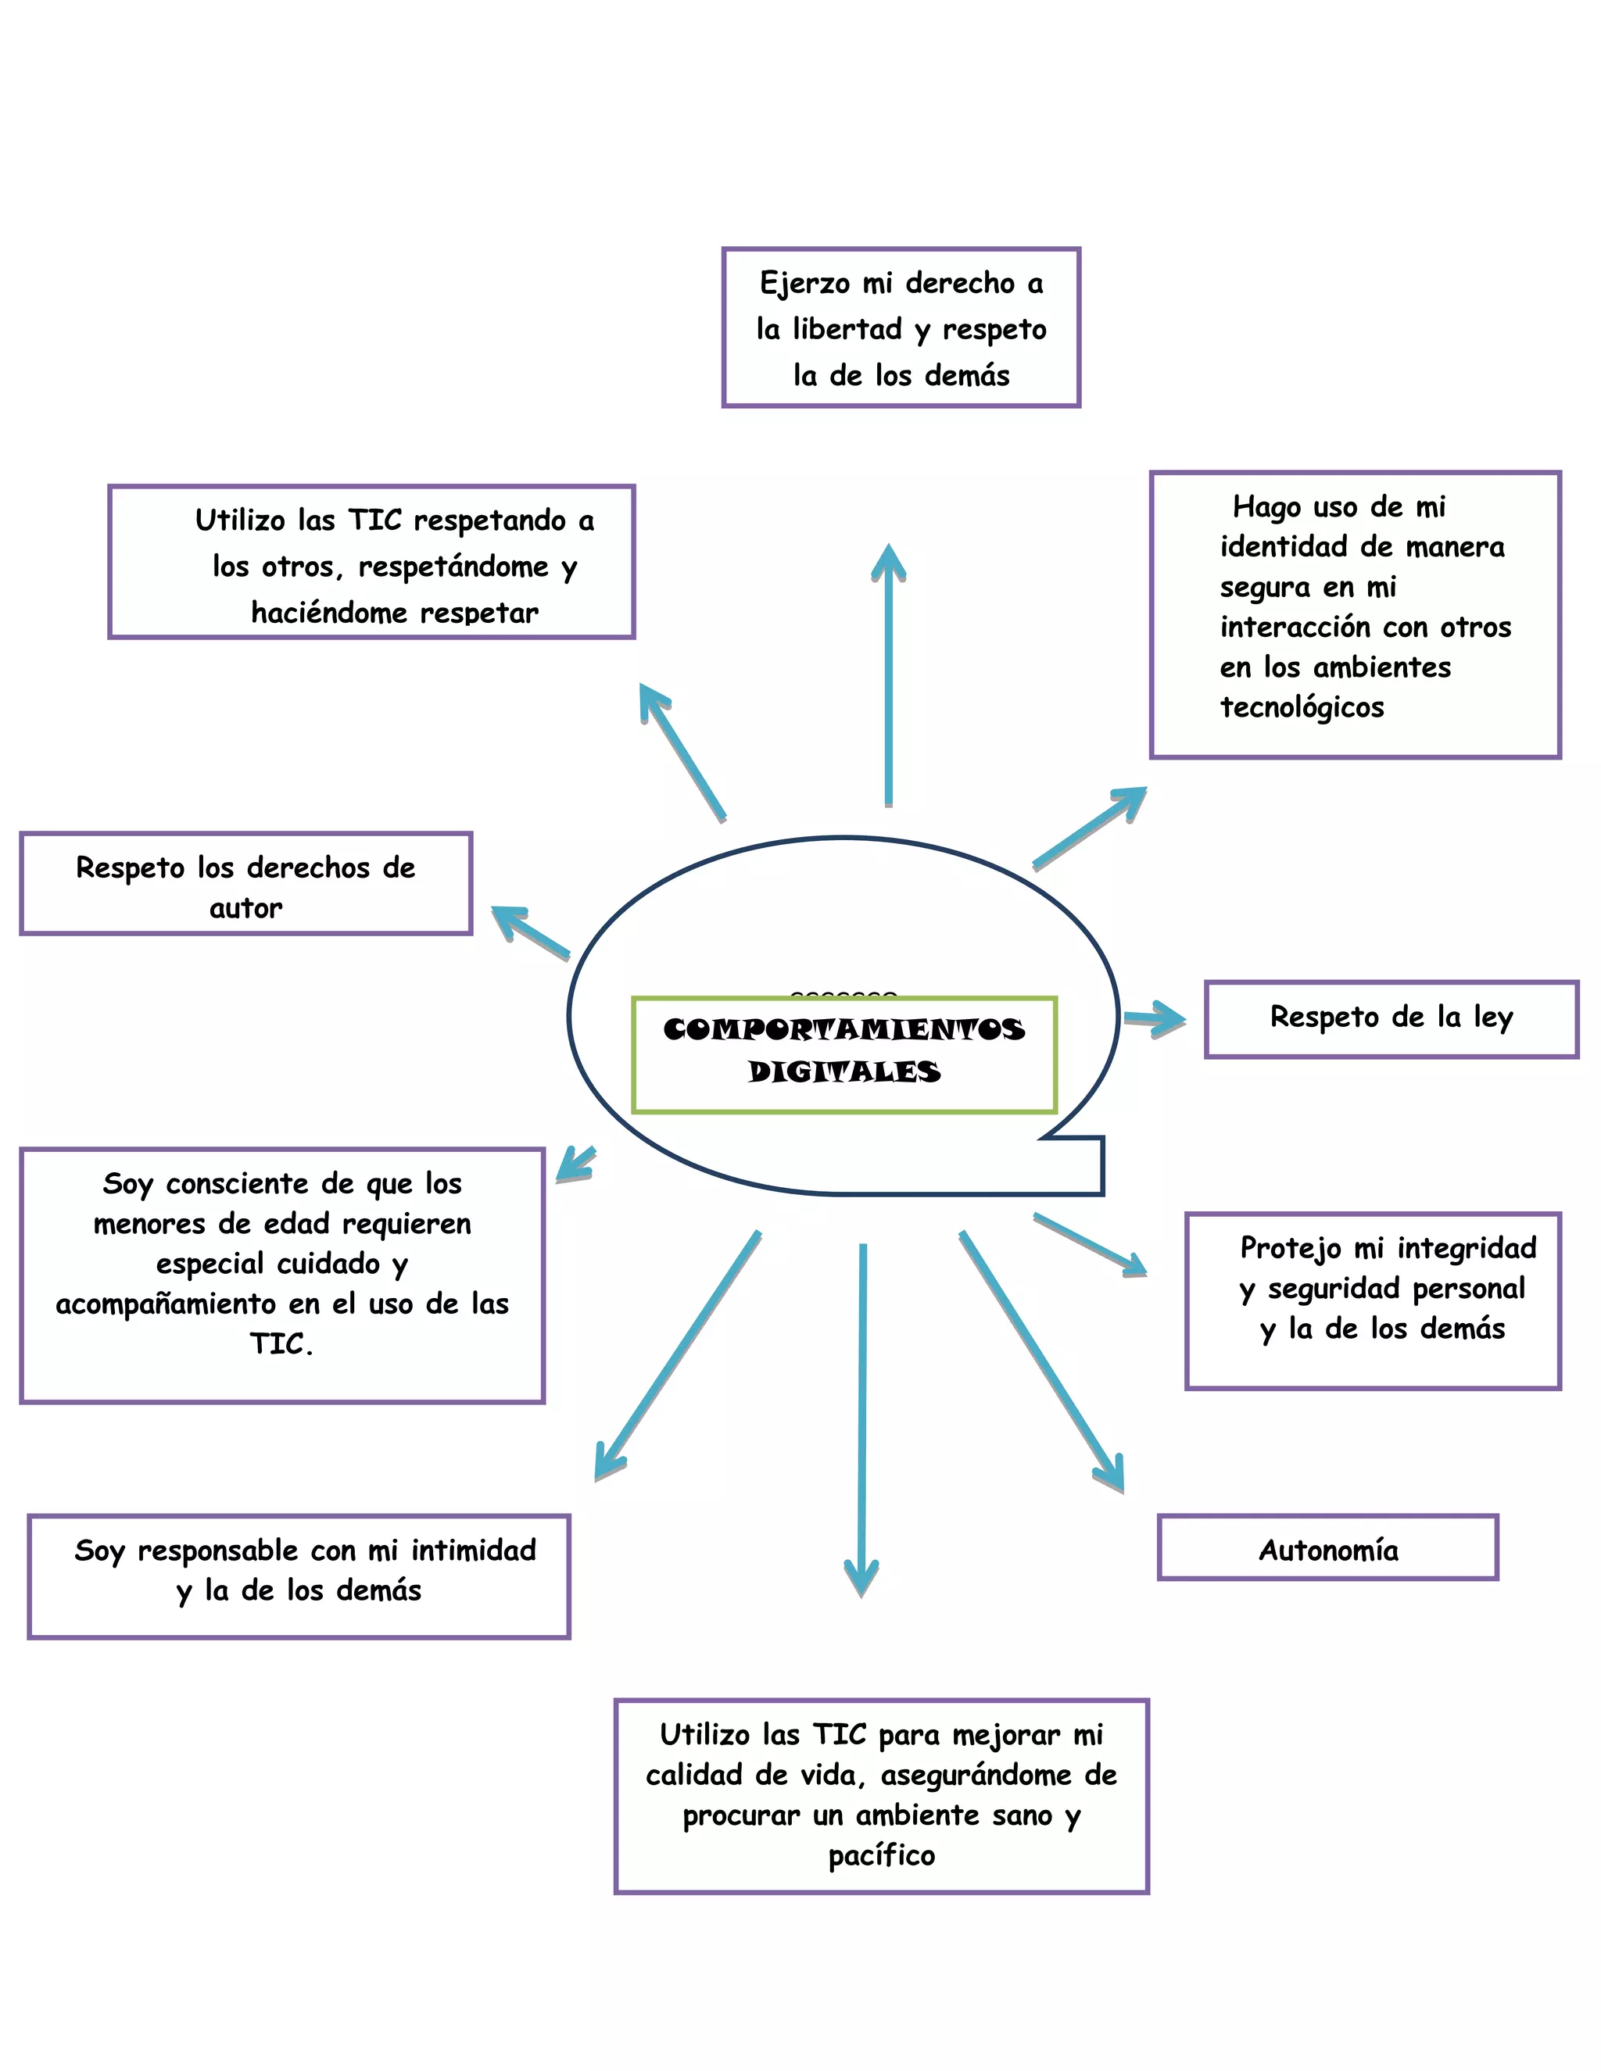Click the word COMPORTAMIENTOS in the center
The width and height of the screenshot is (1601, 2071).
[x=843, y=1029]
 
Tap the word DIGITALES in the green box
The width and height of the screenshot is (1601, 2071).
[x=843, y=1071]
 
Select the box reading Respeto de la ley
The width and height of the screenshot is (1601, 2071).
[x=1391, y=1018]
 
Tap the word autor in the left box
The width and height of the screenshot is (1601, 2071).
[x=245, y=908]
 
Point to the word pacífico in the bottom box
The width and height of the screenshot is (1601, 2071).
[x=881, y=1856]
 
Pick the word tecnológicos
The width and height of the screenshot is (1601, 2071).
[x=1302, y=707]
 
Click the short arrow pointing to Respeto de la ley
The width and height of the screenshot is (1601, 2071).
[x=1157, y=1018]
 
